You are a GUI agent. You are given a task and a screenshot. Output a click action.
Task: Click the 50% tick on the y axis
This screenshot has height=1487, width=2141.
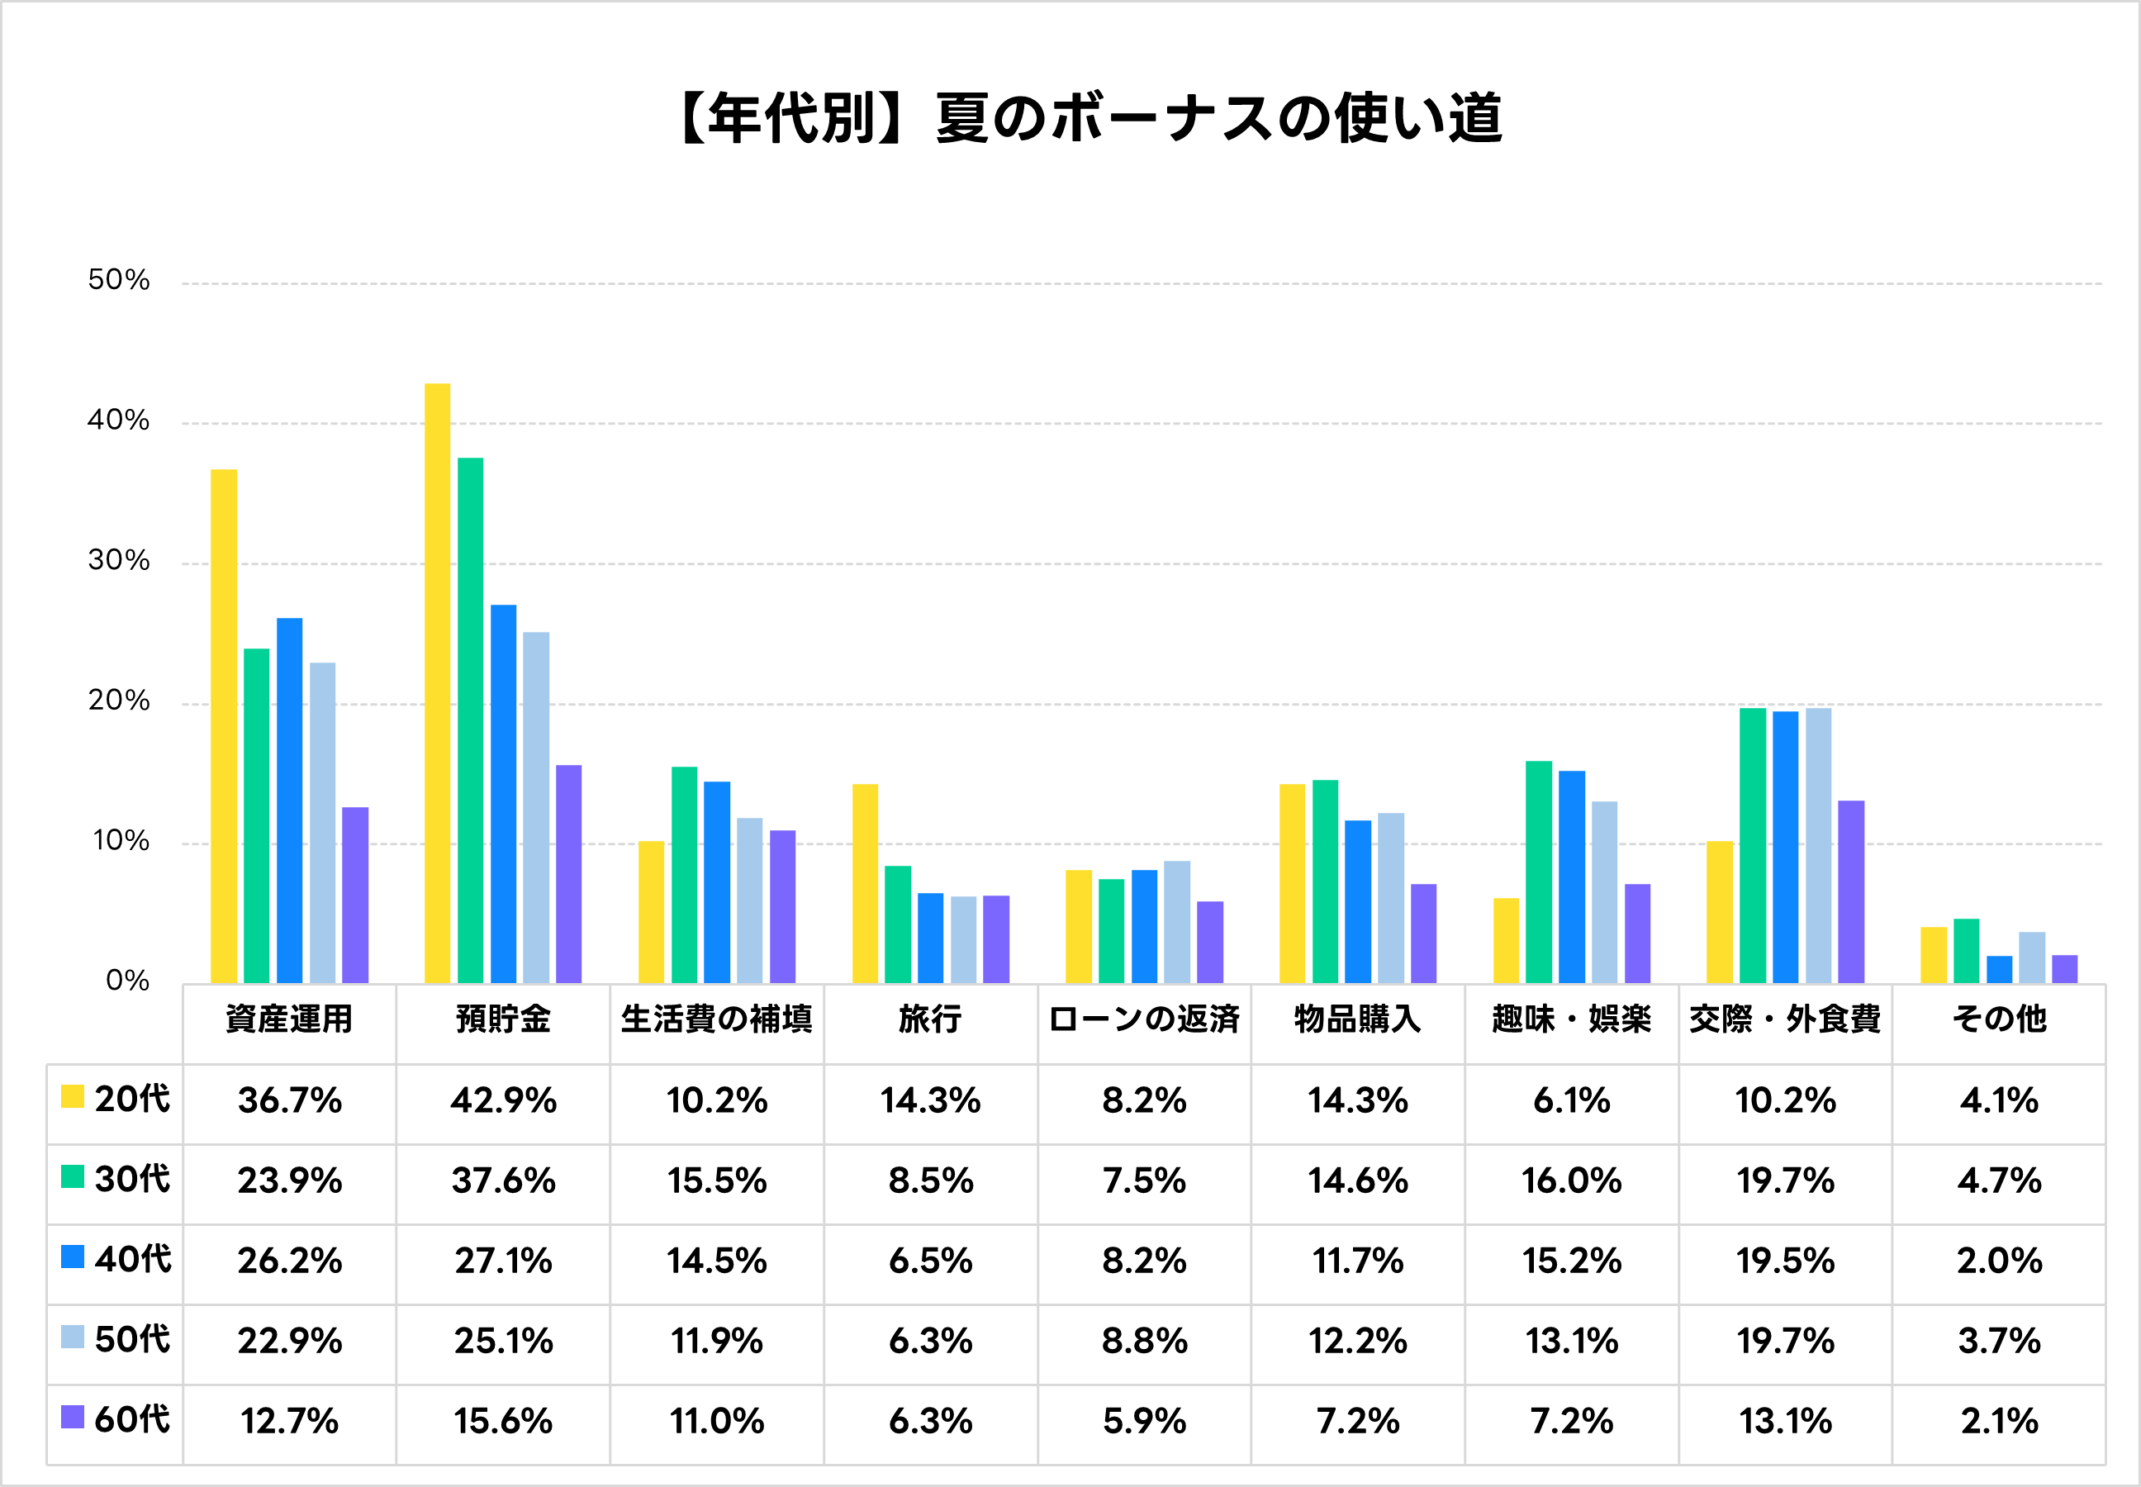pos(118,279)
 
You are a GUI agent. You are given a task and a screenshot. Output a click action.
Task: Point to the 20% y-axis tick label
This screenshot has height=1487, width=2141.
pos(118,701)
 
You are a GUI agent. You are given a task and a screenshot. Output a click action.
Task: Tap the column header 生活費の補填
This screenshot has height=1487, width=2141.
pos(716,1019)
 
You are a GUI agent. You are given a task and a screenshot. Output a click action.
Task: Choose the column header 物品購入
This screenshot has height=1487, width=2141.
pos(1357,1019)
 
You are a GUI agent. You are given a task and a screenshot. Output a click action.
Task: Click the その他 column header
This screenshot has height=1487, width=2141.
pos(2000,1019)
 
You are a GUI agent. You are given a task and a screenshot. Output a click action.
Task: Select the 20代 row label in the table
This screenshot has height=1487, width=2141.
pos(131,1100)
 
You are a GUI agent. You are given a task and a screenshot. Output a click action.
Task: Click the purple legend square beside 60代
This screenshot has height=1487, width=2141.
pos(73,1417)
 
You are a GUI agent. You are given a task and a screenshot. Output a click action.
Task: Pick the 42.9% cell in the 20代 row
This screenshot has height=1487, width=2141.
pos(503,1100)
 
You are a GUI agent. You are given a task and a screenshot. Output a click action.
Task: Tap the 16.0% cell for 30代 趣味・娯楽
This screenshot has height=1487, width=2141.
pos(1571,1181)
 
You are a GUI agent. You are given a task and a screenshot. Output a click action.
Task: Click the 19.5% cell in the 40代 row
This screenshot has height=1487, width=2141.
pos(1785,1261)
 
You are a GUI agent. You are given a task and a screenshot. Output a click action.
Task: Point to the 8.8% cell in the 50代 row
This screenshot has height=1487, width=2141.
pos(1144,1341)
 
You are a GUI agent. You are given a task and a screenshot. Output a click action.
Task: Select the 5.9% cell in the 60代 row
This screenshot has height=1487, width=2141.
pos(1144,1421)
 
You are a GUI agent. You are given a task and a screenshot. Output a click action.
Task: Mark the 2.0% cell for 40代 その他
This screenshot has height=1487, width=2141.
pos(2000,1261)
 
